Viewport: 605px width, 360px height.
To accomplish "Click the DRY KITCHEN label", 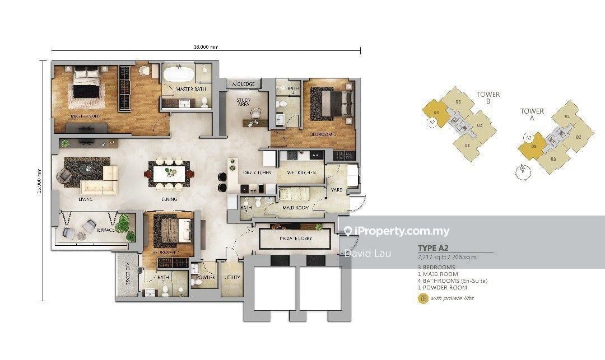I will pos(258,173).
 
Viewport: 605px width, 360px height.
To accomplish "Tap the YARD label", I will pos(336,190).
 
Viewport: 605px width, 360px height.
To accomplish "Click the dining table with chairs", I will pos(169,174).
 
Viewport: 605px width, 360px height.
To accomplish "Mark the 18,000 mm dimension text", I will pos(206,49).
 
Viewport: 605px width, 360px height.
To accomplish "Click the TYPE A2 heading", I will pos(434,248).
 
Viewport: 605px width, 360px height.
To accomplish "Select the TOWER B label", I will pos(488,98).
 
